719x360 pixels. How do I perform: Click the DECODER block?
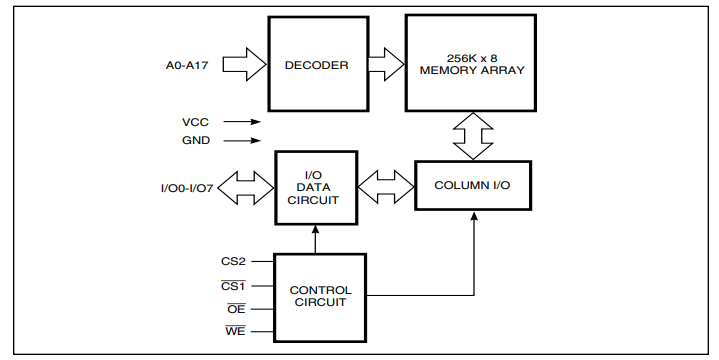[315, 66]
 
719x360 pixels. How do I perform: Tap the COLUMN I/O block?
[472, 185]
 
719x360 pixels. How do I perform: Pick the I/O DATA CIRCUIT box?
[315, 185]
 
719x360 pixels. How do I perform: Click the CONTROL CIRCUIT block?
[320, 297]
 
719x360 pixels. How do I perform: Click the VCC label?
[195, 122]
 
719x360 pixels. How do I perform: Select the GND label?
[195, 140]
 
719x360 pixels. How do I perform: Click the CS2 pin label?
[233, 262]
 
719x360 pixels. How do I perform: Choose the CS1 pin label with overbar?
[233, 285]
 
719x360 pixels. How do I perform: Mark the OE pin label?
[236, 309]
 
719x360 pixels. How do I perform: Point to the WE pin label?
[236, 331]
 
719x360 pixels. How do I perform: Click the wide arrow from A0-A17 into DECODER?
[244, 66]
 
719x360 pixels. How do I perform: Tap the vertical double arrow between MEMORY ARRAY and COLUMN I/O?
[472, 136]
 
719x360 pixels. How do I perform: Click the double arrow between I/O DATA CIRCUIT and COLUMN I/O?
[385, 185]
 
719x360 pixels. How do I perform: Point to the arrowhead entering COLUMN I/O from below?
[472, 218]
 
